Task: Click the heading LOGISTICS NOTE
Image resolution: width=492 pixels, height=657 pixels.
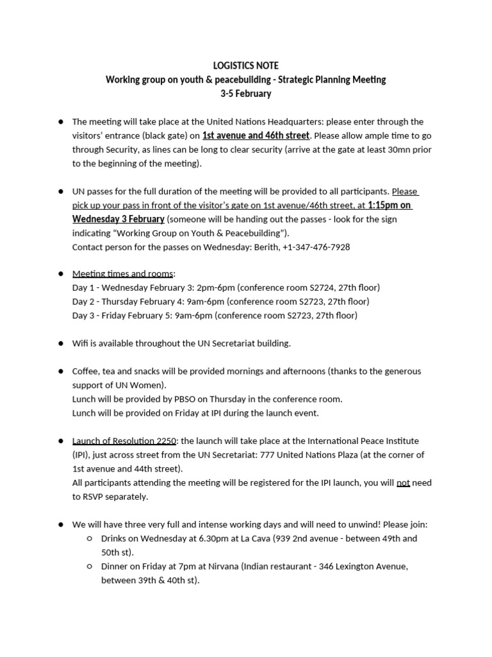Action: pyautogui.click(x=245, y=66)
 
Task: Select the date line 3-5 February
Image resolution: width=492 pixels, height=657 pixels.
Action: pyautogui.click(x=245, y=94)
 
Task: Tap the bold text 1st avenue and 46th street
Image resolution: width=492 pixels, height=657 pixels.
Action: pyautogui.click(x=256, y=135)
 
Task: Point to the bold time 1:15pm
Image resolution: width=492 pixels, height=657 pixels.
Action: pyautogui.click(x=381, y=205)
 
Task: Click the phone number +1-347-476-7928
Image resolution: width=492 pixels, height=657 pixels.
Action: pyautogui.click(x=316, y=247)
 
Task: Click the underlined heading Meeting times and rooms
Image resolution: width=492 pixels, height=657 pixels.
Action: pyautogui.click(x=123, y=274)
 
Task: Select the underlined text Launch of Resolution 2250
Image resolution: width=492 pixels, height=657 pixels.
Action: pyautogui.click(x=124, y=441)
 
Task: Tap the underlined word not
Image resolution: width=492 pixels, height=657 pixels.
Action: pyautogui.click(x=403, y=483)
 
